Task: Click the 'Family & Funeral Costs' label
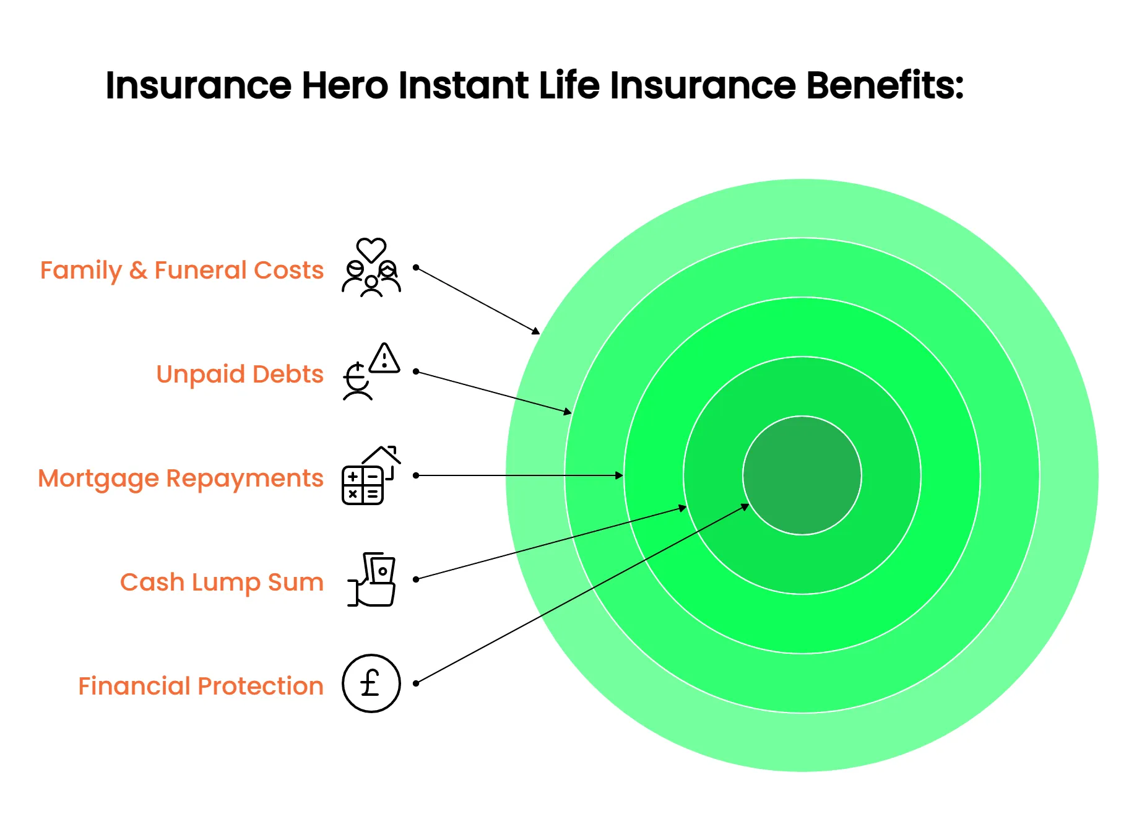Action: coord(182,271)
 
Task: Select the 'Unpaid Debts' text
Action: coord(240,374)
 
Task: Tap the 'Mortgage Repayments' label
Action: coord(181,479)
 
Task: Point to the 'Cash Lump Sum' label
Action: coord(222,583)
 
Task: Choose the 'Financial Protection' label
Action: coord(201,686)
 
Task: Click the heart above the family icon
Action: coord(371,249)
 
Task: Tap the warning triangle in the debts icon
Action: coord(385,358)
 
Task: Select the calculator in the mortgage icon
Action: coord(363,485)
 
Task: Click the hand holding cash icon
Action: coord(371,579)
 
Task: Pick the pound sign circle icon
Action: coord(371,683)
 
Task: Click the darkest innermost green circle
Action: coord(802,475)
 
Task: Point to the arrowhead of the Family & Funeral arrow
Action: coord(536,331)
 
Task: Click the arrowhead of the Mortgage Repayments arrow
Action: coord(620,475)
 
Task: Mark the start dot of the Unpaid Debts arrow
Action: coord(416,371)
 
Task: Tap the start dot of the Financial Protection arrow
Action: coord(416,683)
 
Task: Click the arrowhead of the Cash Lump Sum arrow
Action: coord(683,508)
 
